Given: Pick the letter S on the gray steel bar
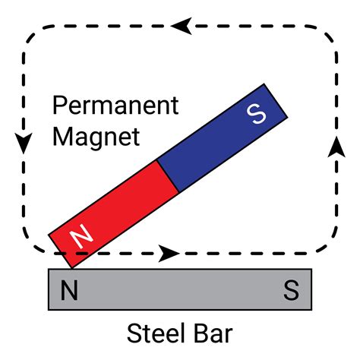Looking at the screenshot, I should [x=291, y=289].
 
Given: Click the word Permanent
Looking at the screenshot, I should [x=115, y=105].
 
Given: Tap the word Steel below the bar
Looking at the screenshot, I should [x=152, y=333].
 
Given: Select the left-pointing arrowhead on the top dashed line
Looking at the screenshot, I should [x=179, y=25].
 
